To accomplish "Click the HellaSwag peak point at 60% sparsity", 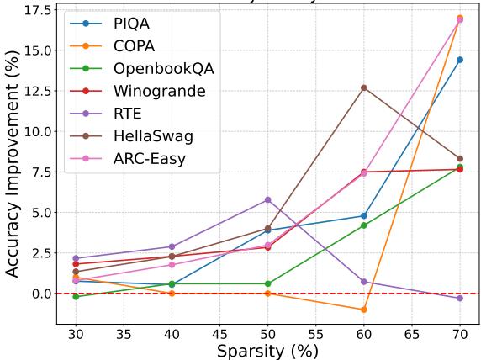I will pos(364,87).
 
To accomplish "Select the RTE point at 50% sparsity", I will pos(267,199).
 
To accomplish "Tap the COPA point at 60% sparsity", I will pos(364,310).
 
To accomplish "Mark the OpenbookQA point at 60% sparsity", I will pos(364,225).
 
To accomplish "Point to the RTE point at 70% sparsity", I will pos(460,299).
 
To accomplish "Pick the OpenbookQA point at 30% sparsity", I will pos(76,296).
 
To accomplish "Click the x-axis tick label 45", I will pos(219,334).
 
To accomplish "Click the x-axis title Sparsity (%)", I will pos(267,351).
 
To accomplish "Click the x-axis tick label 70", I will pos(460,334).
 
